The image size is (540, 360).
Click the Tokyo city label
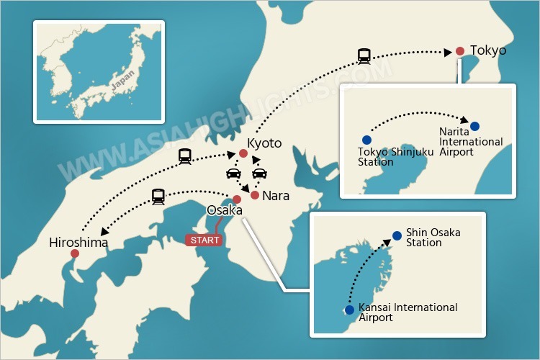coord(488,50)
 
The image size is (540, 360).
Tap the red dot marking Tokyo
coord(460,51)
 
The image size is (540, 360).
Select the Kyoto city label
coord(264,143)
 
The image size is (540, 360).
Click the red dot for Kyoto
coord(243,153)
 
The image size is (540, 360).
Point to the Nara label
coord(276,195)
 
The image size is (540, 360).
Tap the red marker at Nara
coord(254,195)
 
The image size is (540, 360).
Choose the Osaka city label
coord(224,210)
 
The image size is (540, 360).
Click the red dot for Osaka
coord(237,199)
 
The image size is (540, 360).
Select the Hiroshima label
coord(79,243)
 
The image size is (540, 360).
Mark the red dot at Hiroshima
coord(75,254)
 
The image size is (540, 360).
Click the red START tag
coord(203,240)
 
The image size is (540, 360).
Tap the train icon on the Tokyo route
coord(364,55)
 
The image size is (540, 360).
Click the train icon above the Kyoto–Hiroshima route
coord(184,155)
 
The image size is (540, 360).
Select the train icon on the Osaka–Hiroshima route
coord(158,196)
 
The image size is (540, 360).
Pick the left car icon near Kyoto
coord(233,174)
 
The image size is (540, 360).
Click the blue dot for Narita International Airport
coord(474,126)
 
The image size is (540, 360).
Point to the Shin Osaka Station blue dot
coord(397,235)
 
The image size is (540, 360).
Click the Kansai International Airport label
coord(408,312)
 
